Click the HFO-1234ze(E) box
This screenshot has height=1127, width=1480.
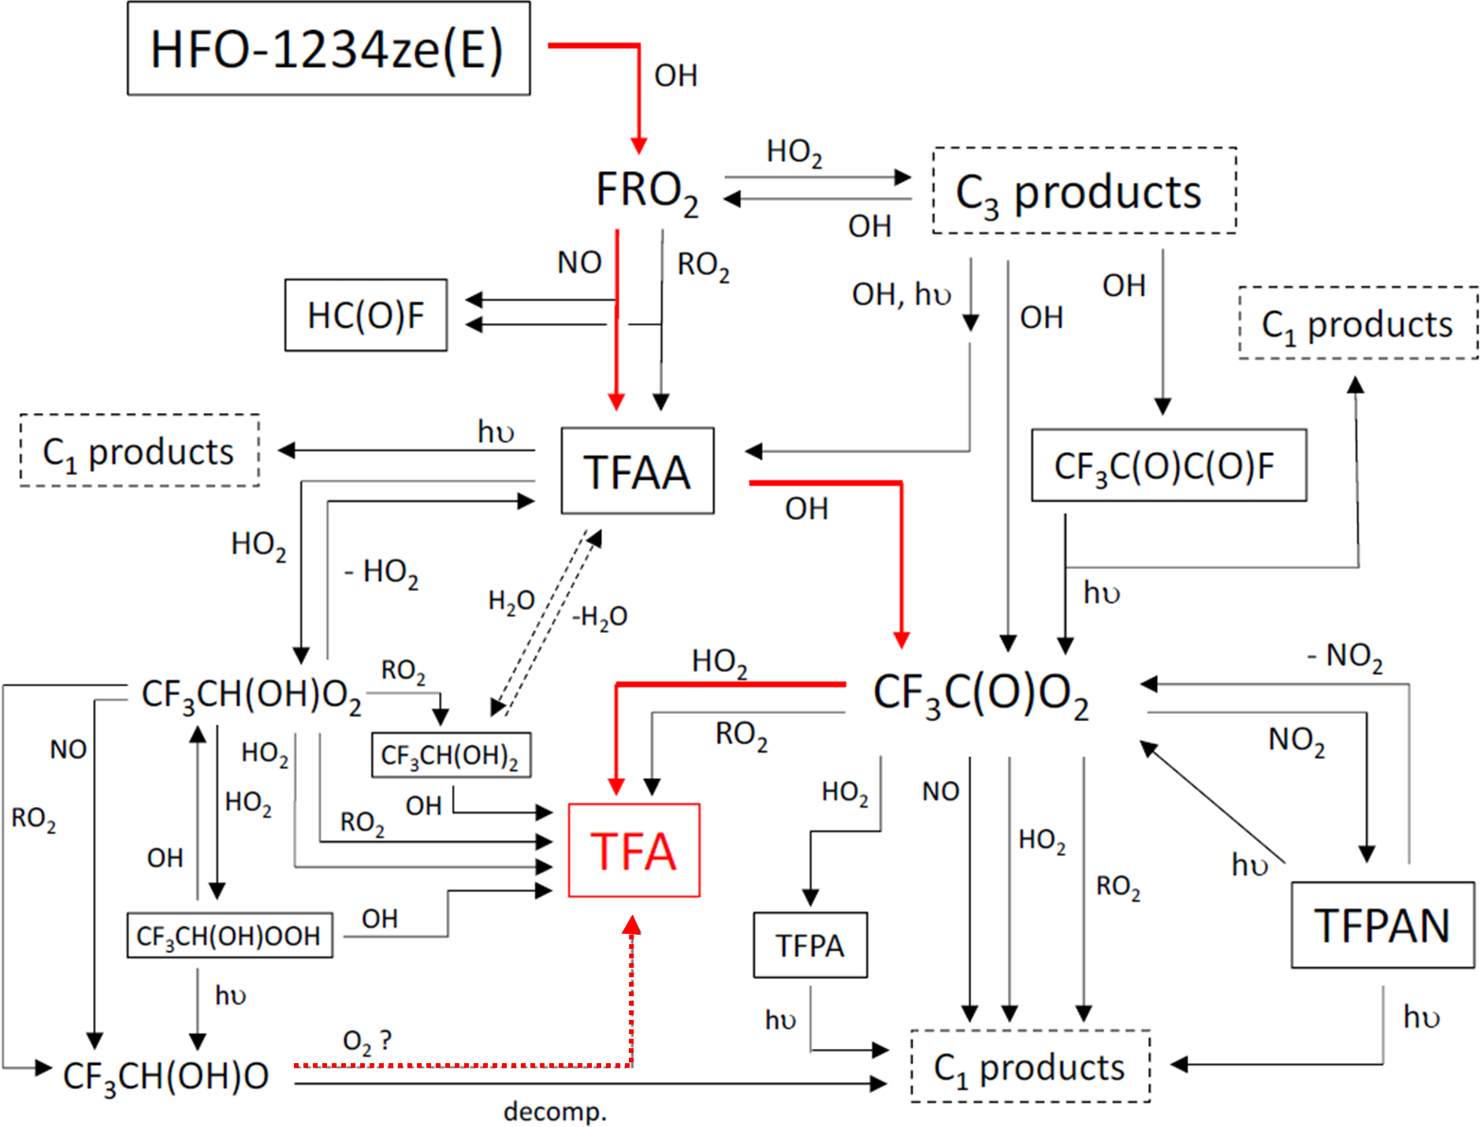point(329,49)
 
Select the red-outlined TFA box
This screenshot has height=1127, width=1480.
point(634,850)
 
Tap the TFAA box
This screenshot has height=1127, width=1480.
point(637,471)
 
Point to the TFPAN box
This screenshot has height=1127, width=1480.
point(1382,924)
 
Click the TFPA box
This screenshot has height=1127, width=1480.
point(810,945)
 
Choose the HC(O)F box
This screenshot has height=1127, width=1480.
point(366,315)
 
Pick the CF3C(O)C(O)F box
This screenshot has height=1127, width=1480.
point(1169,465)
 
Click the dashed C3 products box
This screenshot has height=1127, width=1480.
point(1084,191)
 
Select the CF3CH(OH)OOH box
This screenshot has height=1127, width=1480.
point(229,935)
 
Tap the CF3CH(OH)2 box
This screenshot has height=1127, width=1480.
point(451,755)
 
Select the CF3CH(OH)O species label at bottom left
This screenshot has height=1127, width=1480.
point(166,1077)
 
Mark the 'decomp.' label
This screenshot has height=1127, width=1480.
point(556,1111)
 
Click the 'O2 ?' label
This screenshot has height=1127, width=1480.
point(367,1041)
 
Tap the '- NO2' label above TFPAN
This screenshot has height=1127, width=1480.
point(1345,656)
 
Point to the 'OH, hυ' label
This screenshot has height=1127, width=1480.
point(901,295)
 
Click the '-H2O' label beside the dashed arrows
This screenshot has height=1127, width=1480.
point(600,616)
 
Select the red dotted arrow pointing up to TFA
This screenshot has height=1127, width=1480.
point(631,993)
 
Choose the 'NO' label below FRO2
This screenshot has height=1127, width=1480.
point(579,262)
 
